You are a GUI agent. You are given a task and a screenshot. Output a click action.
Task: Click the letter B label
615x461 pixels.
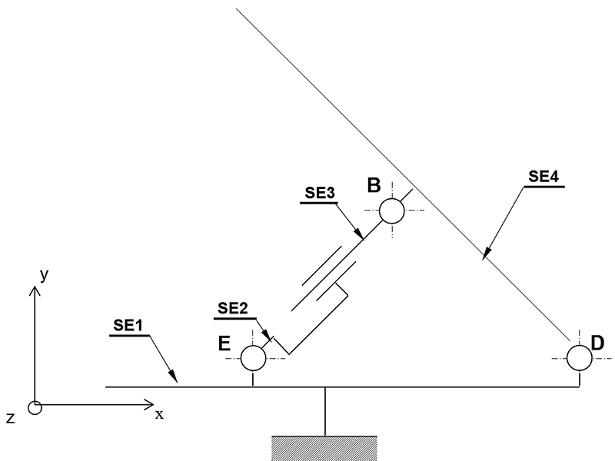(374, 185)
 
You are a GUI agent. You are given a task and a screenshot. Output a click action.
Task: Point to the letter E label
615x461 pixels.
(224, 343)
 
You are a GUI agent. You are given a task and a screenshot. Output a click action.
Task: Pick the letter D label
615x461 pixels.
(597, 343)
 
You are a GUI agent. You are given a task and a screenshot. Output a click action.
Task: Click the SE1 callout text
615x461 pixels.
(128, 325)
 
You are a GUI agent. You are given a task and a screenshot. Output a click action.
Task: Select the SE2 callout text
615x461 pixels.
(233, 309)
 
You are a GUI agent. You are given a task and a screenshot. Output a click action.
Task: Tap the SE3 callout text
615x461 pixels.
(320, 193)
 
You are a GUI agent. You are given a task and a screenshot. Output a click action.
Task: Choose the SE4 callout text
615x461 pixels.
(544, 177)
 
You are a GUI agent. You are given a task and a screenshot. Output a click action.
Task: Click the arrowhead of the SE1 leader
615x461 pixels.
(175, 376)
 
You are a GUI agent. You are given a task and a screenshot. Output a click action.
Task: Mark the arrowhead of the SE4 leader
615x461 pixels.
(487, 253)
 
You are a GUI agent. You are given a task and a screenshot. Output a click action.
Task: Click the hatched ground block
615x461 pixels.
(324, 448)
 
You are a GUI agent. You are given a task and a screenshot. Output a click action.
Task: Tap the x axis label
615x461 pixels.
(159, 414)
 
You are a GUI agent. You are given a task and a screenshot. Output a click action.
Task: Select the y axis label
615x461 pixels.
(45, 274)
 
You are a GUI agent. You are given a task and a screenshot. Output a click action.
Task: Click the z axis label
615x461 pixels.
(11, 418)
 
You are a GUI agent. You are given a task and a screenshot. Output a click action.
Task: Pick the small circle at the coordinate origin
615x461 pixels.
(35, 408)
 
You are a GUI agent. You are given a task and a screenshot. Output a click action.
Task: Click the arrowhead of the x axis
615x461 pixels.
(149, 405)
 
